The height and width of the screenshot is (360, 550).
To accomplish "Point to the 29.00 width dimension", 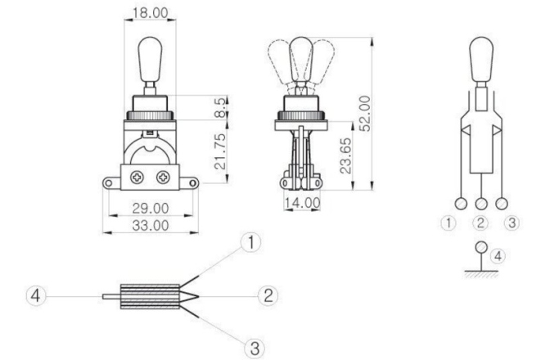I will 149,210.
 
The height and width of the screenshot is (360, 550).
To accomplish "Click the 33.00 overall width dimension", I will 149,225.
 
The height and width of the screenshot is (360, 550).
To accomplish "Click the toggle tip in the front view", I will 151,50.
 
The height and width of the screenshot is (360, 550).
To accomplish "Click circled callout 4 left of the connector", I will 34,295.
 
